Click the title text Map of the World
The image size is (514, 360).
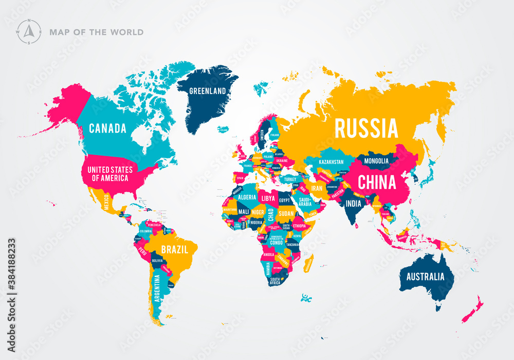tap(96, 32)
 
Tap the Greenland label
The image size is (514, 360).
tap(208, 91)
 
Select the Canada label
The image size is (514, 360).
tap(107, 129)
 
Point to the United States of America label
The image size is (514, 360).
tap(109, 174)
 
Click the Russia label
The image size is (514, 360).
tap(366, 128)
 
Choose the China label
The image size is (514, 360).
tap(377, 182)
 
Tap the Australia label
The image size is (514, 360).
tap(425, 277)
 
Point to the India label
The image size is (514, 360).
tap(353, 204)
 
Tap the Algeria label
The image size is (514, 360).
tap(247, 197)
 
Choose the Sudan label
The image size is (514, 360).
tap(286, 213)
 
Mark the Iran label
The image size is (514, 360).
tap(317, 189)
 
